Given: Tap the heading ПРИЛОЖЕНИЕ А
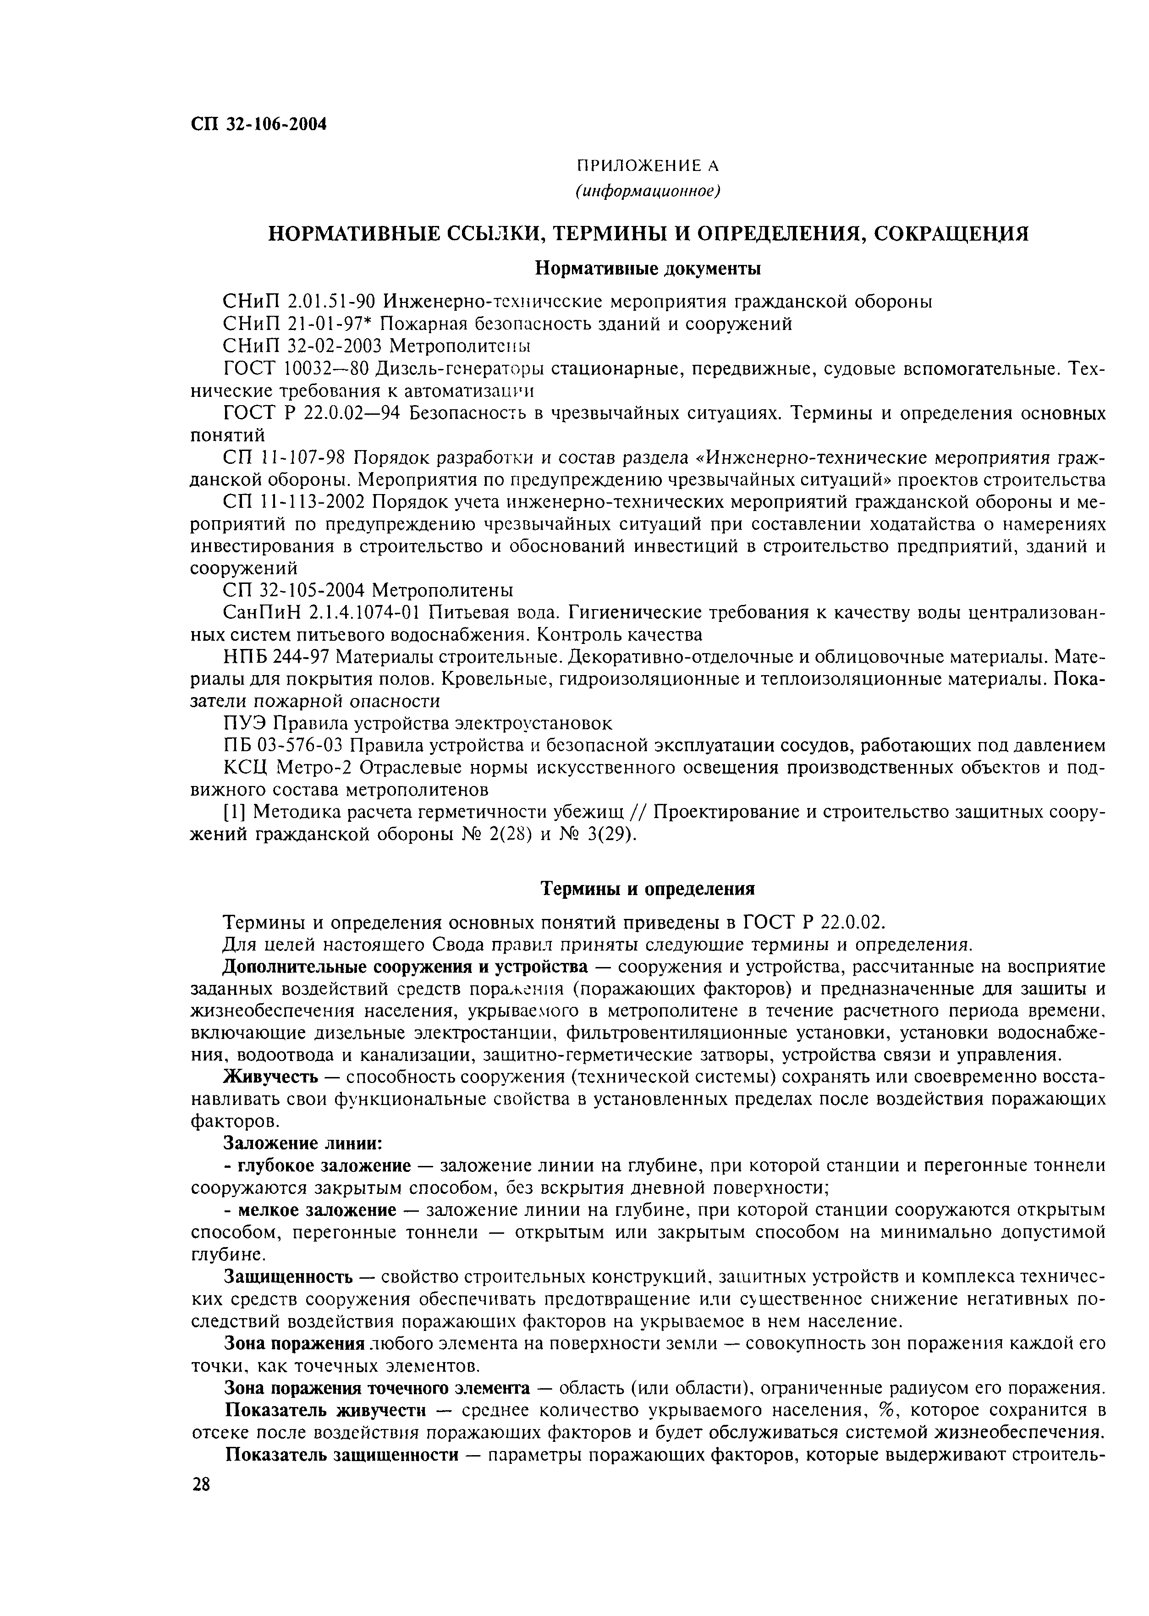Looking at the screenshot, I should point(647,166).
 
